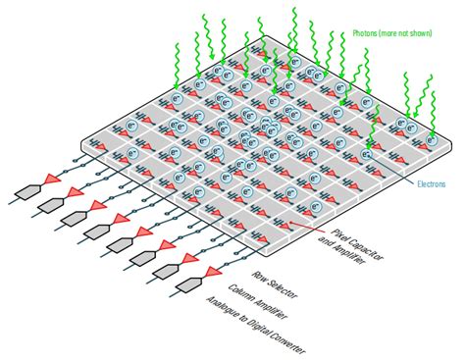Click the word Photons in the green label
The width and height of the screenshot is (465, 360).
(364, 33)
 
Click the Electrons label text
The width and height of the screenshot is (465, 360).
(432, 184)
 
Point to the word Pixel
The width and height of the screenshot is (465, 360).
(338, 234)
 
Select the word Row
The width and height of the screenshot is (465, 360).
(258, 276)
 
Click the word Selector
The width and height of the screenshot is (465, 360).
(282, 288)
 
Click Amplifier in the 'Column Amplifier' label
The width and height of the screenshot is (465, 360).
(271, 309)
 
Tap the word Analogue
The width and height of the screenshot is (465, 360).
(221, 307)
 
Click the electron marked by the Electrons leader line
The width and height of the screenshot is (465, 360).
(367, 154)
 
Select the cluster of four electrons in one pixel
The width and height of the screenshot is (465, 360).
(270, 126)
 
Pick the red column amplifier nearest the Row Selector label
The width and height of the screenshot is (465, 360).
(214, 273)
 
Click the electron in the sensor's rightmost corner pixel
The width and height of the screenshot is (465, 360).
(432, 140)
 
